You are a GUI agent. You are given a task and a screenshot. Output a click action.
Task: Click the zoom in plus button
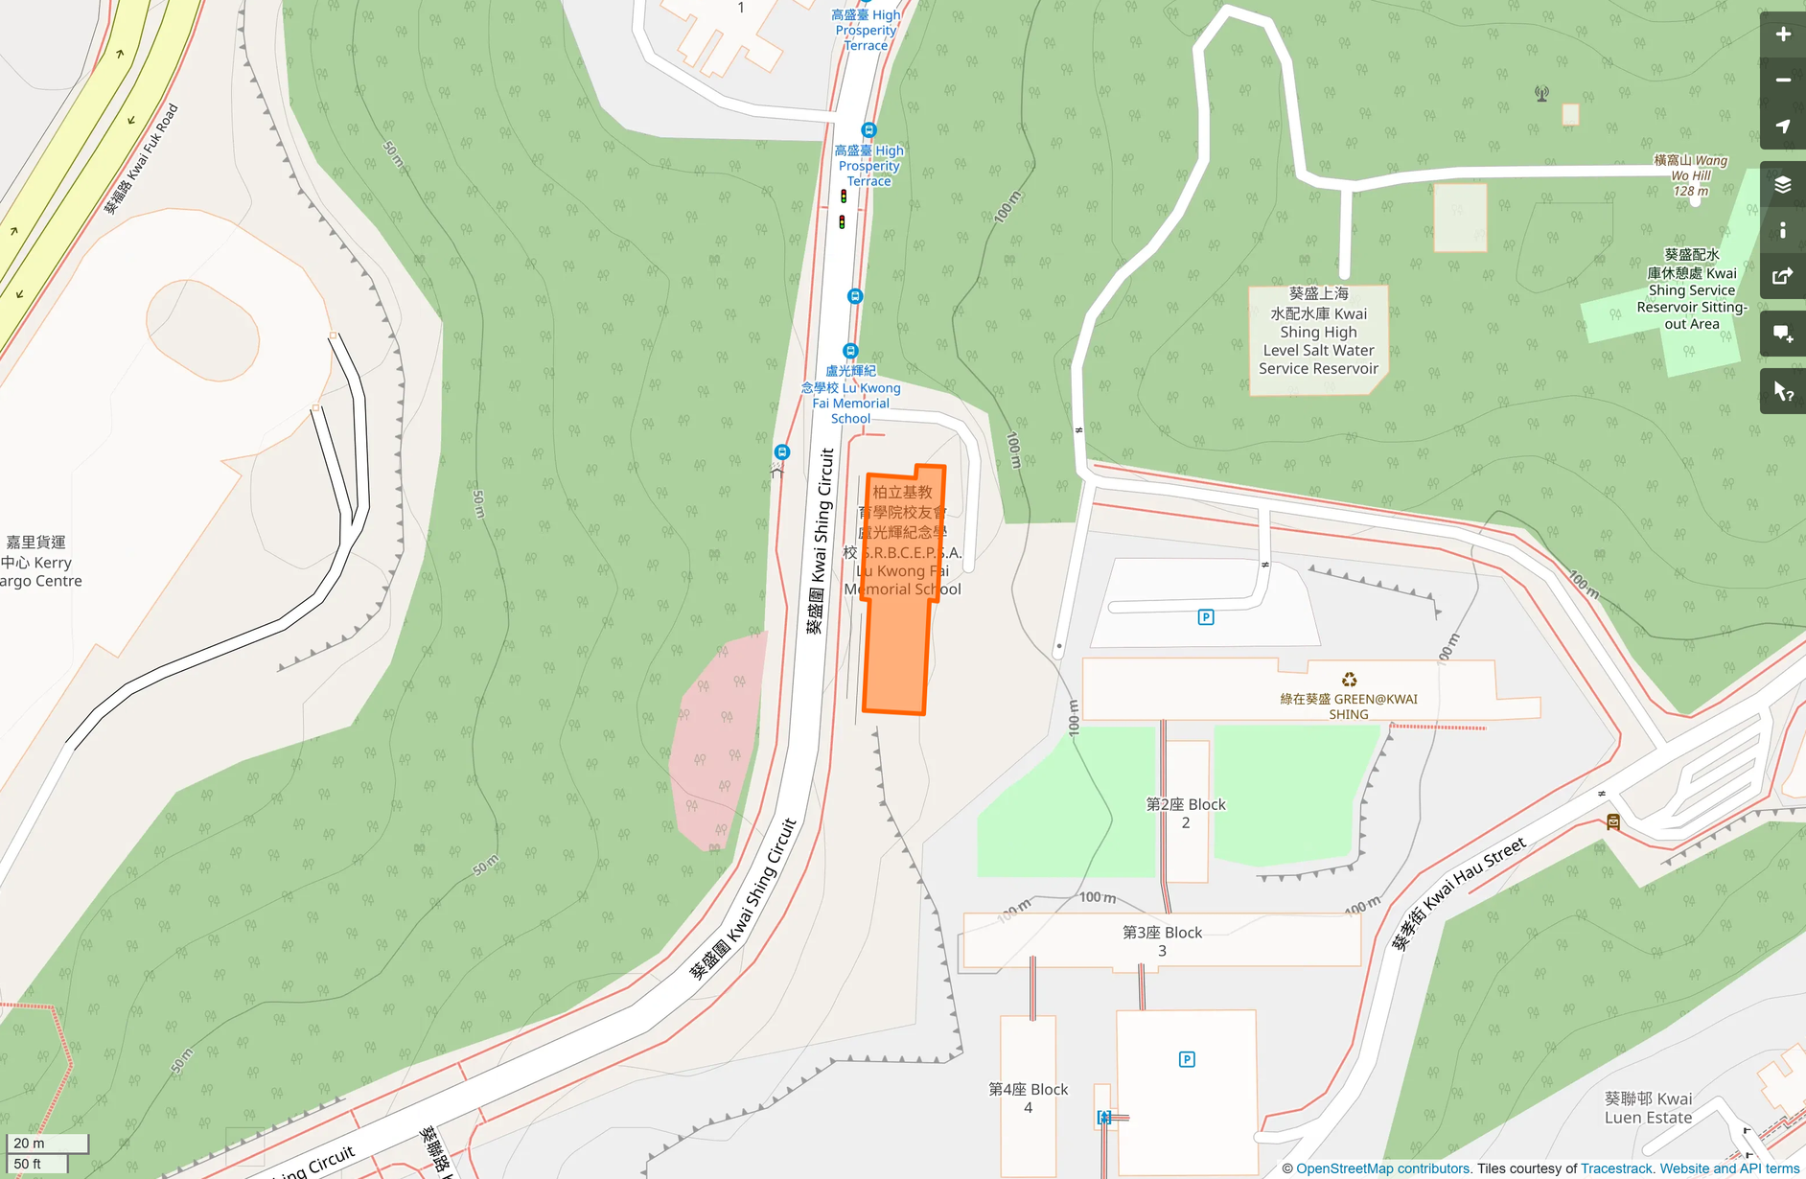[1782, 35]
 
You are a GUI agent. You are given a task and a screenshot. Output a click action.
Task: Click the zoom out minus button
[1782, 81]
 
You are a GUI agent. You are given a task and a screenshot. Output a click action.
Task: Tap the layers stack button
[1782, 185]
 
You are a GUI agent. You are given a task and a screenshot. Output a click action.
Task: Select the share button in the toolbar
[1782, 277]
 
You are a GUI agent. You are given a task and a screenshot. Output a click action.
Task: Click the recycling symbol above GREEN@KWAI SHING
[1349, 681]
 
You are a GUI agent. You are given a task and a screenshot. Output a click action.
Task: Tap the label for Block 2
[1186, 813]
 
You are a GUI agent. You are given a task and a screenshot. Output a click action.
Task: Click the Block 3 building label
[1162, 940]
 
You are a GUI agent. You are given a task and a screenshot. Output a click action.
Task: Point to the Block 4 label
[1028, 1098]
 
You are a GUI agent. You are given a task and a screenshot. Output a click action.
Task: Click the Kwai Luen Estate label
[1648, 1108]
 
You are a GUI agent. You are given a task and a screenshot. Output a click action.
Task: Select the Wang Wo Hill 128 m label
[1691, 175]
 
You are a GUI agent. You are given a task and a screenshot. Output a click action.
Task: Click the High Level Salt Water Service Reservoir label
[1318, 331]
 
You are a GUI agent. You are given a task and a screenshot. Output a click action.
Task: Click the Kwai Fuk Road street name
[142, 158]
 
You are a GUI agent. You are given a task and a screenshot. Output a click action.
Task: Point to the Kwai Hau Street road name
[1458, 893]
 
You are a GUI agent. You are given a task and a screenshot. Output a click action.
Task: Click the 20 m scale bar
[47, 1144]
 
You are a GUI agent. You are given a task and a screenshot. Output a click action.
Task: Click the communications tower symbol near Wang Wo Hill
[1541, 94]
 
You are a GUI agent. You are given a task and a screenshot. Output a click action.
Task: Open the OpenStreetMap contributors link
[1382, 1168]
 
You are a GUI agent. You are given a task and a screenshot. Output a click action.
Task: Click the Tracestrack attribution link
[1616, 1168]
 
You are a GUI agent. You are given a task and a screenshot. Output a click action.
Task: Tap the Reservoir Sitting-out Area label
[1692, 289]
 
